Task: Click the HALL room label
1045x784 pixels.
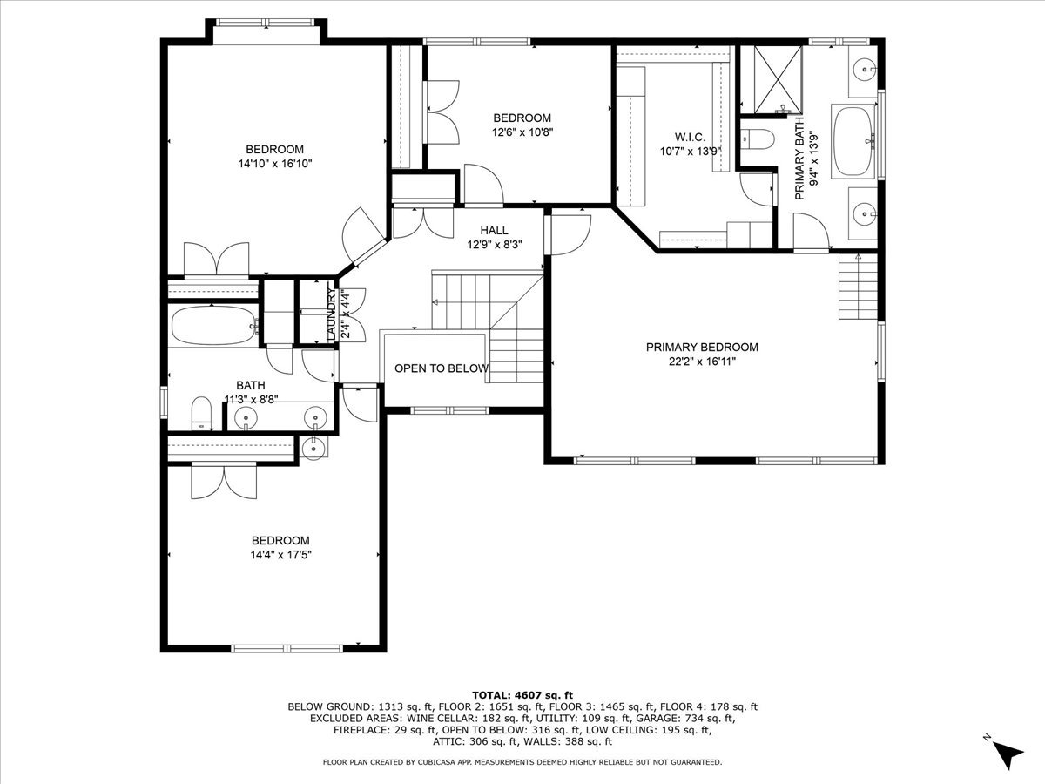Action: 494,231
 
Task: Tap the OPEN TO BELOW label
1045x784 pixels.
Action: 442,368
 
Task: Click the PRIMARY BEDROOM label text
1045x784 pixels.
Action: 702,348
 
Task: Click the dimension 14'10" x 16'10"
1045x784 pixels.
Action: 274,164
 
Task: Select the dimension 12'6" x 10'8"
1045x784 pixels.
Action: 522,132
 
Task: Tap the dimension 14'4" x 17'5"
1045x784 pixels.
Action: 280,554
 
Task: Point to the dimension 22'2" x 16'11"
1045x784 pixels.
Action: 702,362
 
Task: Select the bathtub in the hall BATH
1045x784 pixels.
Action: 213,326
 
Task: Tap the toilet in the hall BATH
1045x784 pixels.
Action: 202,412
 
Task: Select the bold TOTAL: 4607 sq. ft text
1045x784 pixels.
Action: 522,694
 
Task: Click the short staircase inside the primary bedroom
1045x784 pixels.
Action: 858,288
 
